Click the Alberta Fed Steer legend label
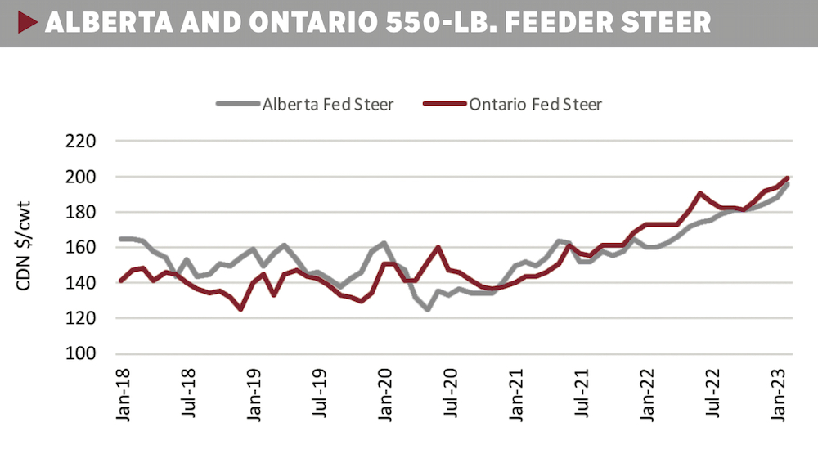(x=328, y=104)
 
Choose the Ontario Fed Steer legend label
(x=536, y=104)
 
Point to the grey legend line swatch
(x=238, y=104)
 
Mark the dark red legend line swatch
(x=445, y=104)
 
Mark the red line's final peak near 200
(x=787, y=178)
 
